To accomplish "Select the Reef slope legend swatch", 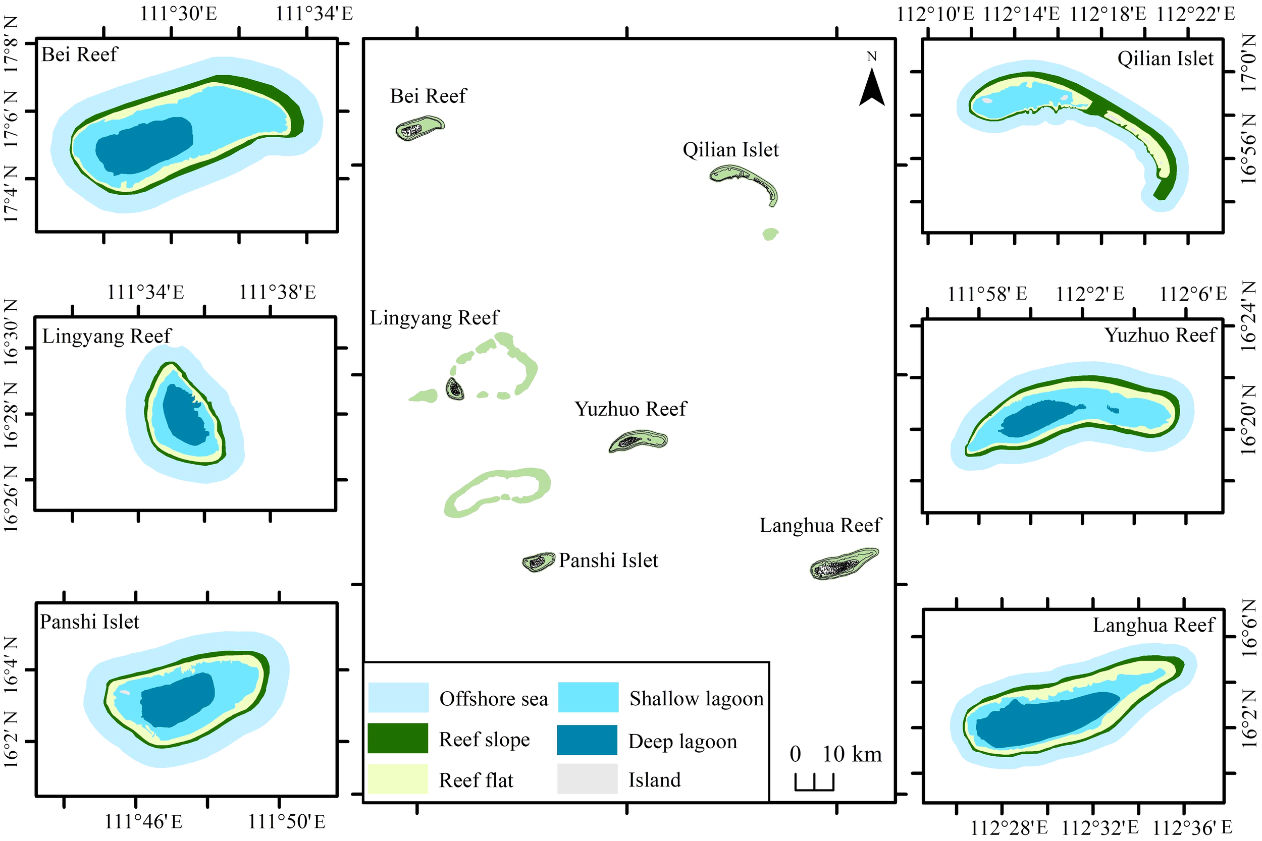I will (x=398, y=739).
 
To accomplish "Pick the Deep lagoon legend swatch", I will (x=587, y=740).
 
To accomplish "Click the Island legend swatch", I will (x=587, y=779).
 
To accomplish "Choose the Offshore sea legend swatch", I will (x=398, y=697).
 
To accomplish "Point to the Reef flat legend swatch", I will (x=398, y=779).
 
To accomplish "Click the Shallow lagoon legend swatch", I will (x=588, y=697).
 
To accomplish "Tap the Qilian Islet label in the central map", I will (x=730, y=150).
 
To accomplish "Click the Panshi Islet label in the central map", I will (x=608, y=560).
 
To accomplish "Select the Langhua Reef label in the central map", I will (x=820, y=525).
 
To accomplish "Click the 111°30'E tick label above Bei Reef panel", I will (x=178, y=14).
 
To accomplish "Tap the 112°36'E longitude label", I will (x=1192, y=827).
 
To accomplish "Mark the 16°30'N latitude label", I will (x=11, y=332).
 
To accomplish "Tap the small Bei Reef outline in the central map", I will (x=419, y=128).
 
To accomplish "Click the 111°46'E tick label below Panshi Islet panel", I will (x=143, y=822).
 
